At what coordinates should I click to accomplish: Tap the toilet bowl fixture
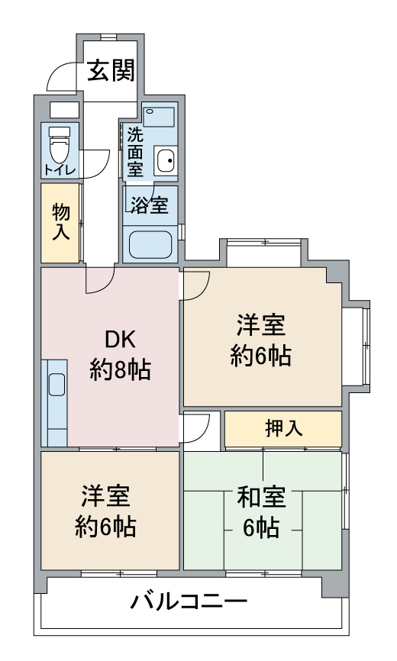pyautogui.click(x=59, y=142)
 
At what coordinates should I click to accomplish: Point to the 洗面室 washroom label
pyautogui.click(x=135, y=152)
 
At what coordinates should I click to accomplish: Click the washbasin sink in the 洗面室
pyautogui.click(x=164, y=161)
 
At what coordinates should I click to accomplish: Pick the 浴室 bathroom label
pyautogui.click(x=149, y=205)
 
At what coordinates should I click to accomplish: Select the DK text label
pyautogui.click(x=120, y=338)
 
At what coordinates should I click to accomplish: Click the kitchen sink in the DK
pyautogui.click(x=56, y=385)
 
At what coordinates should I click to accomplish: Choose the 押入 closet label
pyautogui.click(x=283, y=428)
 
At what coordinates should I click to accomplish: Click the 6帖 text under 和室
pyautogui.click(x=262, y=528)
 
